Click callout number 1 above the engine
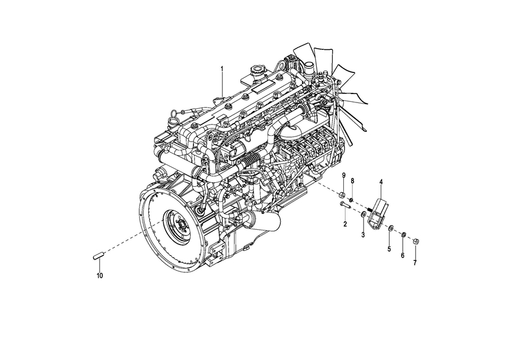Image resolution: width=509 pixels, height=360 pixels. tap(222, 69)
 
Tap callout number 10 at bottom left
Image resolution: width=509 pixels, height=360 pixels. tap(100, 276)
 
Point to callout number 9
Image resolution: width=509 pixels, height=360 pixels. tap(344, 176)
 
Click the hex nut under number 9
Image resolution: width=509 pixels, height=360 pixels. tap(342, 195)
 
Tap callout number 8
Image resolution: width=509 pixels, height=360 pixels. tap(352, 181)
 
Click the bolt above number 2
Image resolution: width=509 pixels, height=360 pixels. tap(344, 205)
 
